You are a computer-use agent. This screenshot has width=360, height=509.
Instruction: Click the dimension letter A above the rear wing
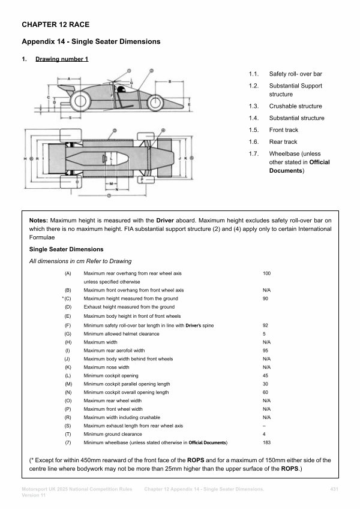(x=70, y=79)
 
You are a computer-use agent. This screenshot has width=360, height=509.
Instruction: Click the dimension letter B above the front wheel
(x=171, y=81)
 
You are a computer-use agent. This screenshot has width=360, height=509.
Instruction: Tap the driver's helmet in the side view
(x=120, y=91)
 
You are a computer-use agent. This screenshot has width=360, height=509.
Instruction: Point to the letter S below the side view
(x=70, y=118)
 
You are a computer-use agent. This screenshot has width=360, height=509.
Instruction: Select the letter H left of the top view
(x=25, y=158)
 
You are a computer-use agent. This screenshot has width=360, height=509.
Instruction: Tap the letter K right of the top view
(x=185, y=158)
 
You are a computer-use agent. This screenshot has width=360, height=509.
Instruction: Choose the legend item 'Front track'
(x=283, y=130)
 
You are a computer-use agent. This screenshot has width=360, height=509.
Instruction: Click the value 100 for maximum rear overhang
(x=267, y=273)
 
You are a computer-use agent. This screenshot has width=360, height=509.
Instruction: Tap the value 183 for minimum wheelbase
(x=267, y=442)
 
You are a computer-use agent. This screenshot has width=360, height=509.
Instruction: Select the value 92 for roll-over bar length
(x=266, y=325)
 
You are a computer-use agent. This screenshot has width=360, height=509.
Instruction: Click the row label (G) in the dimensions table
(x=68, y=333)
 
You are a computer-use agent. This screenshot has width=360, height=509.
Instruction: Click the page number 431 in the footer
(x=335, y=490)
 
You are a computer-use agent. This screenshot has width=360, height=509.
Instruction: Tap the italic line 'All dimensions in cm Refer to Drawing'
(x=80, y=261)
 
